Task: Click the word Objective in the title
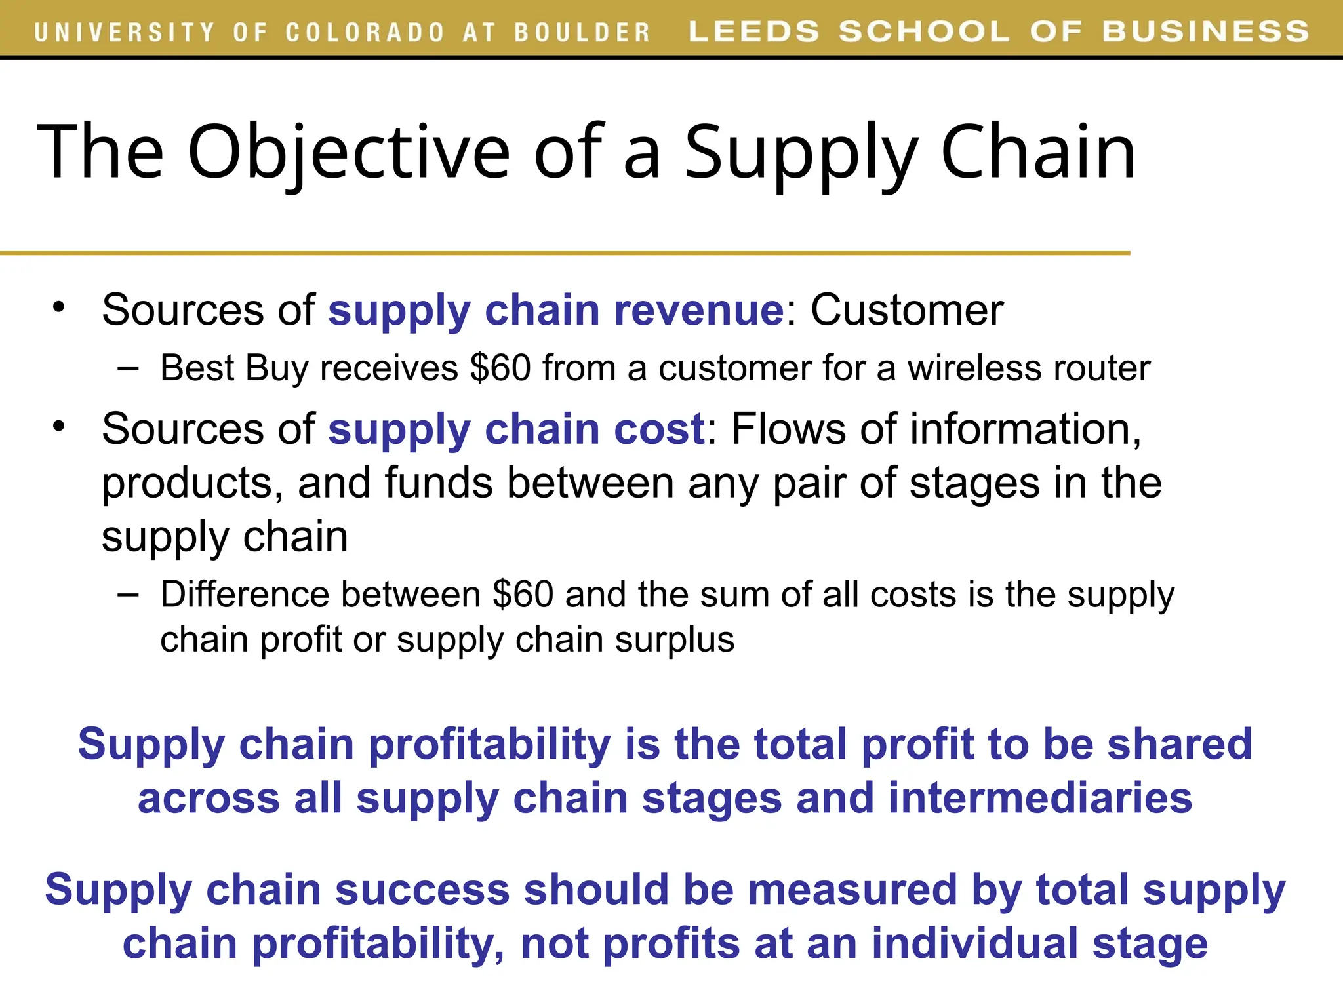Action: [x=348, y=152]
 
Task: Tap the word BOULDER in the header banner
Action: [x=582, y=32]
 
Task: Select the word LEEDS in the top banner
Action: [x=754, y=31]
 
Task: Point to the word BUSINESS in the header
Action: [x=1205, y=31]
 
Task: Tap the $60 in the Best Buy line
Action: [x=500, y=368]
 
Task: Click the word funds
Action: [x=439, y=483]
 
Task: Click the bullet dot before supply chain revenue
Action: [x=60, y=307]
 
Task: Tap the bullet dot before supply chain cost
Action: [x=60, y=426]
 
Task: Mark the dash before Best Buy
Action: [x=128, y=368]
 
